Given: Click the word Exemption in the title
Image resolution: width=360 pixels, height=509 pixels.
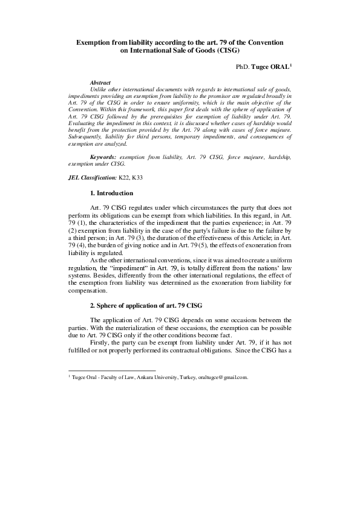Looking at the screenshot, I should click(93, 44).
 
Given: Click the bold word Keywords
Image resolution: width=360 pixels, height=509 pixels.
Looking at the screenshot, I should click(103, 157).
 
